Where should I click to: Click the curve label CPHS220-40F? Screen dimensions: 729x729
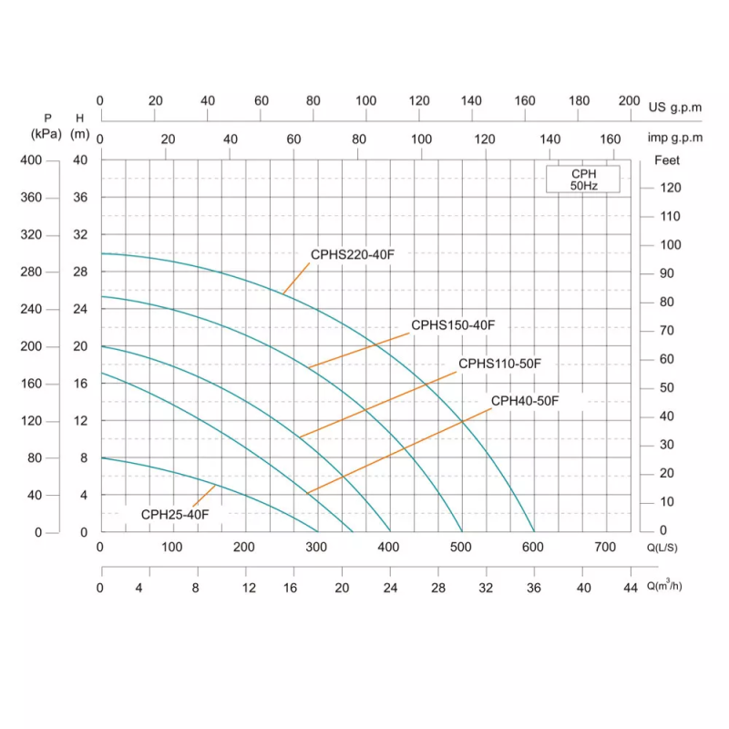point(353,255)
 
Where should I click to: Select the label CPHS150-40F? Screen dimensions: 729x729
point(452,325)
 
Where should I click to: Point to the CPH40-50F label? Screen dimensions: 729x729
point(525,401)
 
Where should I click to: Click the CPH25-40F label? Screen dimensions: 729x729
point(175,515)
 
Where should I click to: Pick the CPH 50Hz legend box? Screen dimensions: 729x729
point(583,180)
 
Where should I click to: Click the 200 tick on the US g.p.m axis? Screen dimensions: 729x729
point(629,101)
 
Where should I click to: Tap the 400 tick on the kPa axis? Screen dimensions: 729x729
point(31,160)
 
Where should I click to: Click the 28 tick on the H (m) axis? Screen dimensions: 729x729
point(80,272)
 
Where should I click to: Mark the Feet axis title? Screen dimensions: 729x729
point(667,160)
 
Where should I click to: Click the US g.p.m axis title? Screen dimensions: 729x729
point(675,108)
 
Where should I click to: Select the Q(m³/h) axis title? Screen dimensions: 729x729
point(665,586)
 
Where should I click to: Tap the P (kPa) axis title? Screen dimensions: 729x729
point(46,126)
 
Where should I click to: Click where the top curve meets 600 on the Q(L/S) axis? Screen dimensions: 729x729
point(534,531)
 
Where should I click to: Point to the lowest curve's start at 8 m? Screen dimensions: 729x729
point(101,457)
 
